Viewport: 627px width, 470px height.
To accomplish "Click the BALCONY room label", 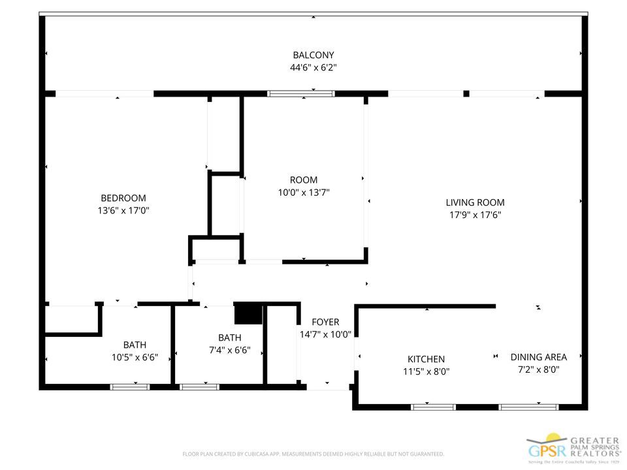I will click(x=313, y=55).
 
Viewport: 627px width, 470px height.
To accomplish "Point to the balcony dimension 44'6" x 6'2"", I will click(x=313, y=67).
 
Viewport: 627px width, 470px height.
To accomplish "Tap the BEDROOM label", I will click(x=123, y=198).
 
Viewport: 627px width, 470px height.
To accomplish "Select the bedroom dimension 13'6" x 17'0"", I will click(x=123, y=210).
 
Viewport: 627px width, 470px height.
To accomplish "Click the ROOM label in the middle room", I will click(x=304, y=180).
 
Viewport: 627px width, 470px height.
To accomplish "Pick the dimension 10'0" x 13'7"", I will click(x=304, y=192).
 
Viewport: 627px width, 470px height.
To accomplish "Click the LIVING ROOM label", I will click(x=475, y=202).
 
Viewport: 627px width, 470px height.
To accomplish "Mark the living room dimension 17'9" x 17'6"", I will click(x=475, y=215).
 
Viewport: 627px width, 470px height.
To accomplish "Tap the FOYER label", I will click(x=325, y=322).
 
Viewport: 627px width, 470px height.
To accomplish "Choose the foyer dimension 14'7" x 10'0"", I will click(x=325, y=334).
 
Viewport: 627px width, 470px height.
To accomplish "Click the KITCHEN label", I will click(x=426, y=359).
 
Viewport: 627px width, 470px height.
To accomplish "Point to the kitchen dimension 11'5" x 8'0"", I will click(x=426, y=371).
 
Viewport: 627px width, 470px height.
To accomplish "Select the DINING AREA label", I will click(x=538, y=357).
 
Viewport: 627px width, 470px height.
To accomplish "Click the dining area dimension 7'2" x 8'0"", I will click(x=538, y=369).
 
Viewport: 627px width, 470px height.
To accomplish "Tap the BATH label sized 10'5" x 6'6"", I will click(x=135, y=345).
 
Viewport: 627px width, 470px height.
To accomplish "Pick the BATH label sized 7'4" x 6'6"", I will click(x=229, y=337).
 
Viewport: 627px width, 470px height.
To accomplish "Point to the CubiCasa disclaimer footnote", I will click(x=313, y=454).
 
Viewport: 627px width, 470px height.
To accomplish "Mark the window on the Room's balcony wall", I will click(x=301, y=94).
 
